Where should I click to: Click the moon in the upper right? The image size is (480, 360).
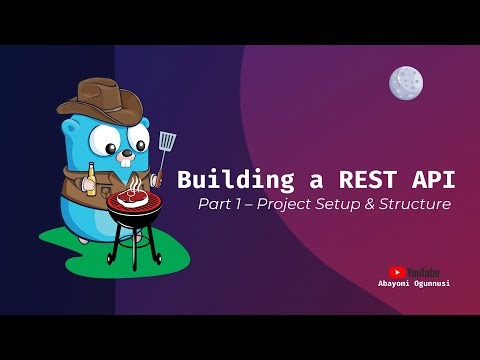[405, 82]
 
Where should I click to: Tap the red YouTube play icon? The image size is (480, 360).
[397, 271]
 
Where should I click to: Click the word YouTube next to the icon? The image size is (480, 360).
[423, 271]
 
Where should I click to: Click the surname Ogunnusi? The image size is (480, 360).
[431, 283]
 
